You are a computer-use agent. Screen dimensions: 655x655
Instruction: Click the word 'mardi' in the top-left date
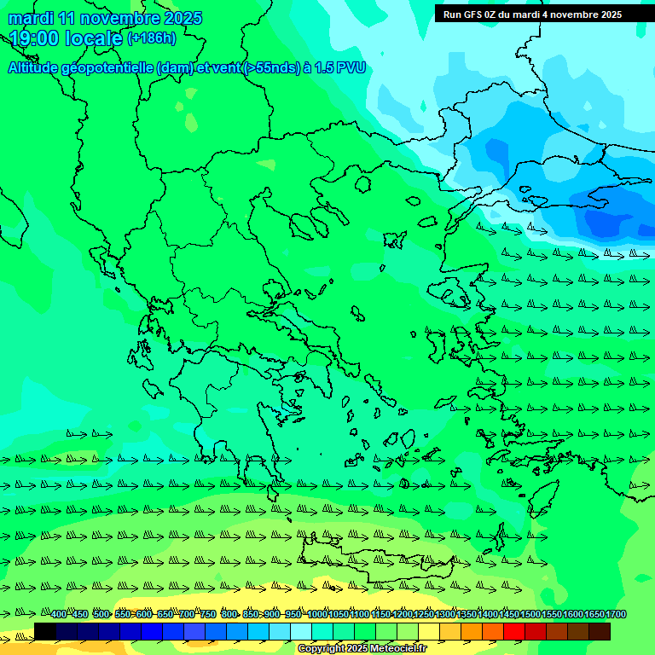point(29,18)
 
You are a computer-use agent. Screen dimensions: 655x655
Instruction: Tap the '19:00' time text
point(34,38)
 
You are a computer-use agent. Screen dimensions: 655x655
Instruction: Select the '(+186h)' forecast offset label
point(151,38)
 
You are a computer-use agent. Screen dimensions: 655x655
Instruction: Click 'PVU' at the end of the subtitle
point(351,68)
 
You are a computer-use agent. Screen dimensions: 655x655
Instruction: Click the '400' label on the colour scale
point(58,615)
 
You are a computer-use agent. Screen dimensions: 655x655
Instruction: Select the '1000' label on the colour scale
point(317,615)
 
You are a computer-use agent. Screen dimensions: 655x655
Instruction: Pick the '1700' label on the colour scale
point(616,615)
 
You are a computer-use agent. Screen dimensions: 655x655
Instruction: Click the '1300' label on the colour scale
point(445,615)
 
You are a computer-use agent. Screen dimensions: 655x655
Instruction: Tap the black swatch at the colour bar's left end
point(45,631)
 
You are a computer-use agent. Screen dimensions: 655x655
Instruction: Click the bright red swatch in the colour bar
point(514,631)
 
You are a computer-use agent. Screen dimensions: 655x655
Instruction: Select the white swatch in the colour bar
point(301,631)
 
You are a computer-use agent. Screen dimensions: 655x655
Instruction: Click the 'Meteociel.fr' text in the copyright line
point(394,649)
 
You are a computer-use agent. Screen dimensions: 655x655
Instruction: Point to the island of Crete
point(367,562)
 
